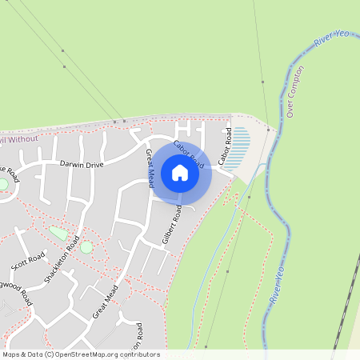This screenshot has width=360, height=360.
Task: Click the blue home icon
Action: (180, 172)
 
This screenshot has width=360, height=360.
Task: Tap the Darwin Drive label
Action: (82, 164)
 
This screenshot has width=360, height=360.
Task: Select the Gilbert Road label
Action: (171, 225)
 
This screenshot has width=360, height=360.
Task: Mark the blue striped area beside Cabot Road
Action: (238, 148)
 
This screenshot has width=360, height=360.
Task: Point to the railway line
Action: (346, 316)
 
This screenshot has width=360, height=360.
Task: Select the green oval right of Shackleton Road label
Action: (86, 247)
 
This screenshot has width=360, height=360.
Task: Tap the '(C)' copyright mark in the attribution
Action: (49, 354)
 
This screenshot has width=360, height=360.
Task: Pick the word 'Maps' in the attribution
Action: (11, 354)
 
